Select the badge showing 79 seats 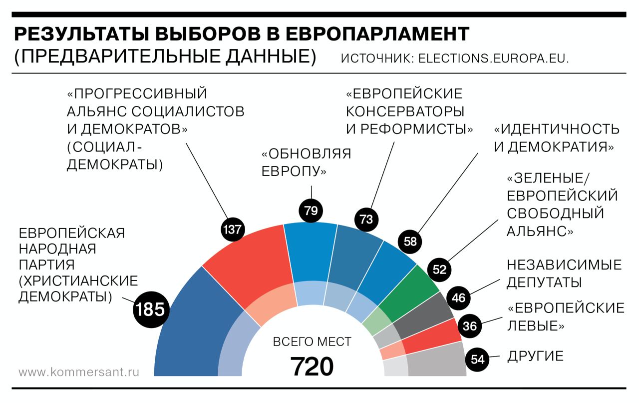click(311, 210)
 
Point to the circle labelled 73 click(366, 219)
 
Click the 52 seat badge click(439, 269)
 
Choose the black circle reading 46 click(458, 298)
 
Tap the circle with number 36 click(469, 326)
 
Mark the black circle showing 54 click(478, 359)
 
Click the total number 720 click(312, 366)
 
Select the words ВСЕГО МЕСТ click(312, 342)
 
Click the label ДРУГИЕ click(535, 356)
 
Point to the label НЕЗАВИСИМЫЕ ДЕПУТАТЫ click(564, 273)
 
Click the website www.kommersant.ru click(79, 372)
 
